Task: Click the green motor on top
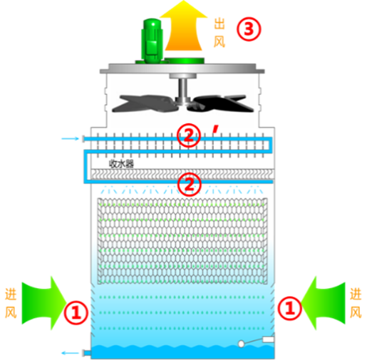152,41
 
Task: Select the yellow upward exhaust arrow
183,26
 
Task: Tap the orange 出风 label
219,33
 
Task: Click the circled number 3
249,29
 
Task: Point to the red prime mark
215,129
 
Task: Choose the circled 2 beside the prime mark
189,135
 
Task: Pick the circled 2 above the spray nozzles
190,184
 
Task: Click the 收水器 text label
121,164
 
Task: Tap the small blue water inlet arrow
70,138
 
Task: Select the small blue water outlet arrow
70,353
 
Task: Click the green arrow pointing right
44,303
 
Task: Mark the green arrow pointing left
323,303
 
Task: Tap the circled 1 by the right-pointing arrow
76,312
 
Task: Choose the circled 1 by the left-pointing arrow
289,308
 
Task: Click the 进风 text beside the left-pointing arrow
356,303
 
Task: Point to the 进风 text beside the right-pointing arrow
11,303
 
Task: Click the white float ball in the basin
241,344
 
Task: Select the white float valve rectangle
268,339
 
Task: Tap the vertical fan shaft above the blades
183,88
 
